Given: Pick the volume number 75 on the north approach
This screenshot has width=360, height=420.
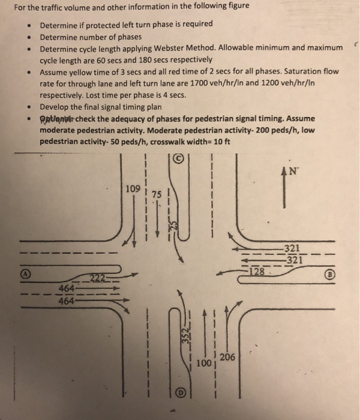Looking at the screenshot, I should coord(157,195).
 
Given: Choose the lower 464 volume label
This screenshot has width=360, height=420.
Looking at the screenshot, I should coord(67,301).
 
